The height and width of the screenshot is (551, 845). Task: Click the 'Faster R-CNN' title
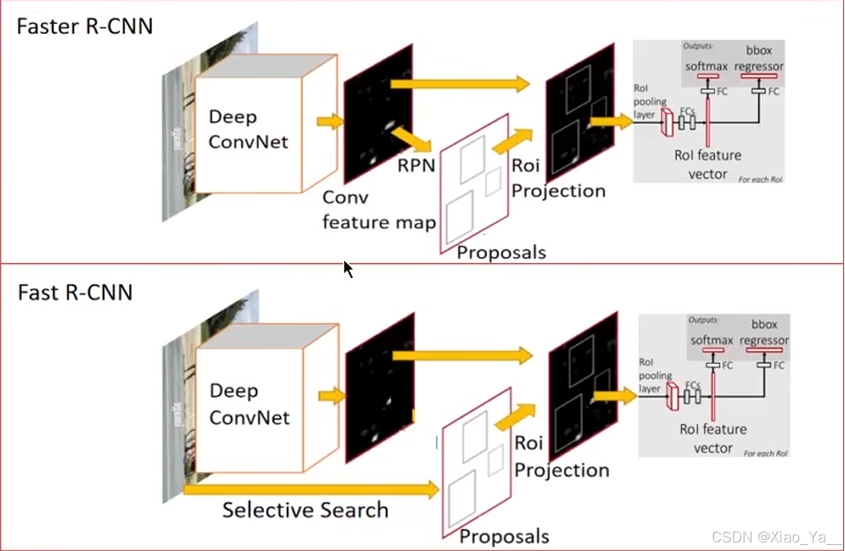[85, 27]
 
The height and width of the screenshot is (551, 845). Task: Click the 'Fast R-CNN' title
[75, 292]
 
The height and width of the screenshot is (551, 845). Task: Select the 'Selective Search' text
[305, 510]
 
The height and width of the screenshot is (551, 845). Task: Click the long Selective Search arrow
[311, 489]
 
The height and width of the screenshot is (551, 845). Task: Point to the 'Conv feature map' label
[378, 210]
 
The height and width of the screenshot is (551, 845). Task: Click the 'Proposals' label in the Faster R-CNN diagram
[501, 252]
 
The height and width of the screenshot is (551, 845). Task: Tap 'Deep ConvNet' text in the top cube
[249, 129]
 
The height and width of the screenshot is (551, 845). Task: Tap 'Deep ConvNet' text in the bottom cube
[249, 404]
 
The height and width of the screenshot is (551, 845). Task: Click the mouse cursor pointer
[347, 269]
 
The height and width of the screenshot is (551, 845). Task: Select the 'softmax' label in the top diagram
[705, 66]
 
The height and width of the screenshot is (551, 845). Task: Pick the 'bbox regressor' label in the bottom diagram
[764, 332]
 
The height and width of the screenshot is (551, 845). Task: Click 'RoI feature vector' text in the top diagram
[707, 164]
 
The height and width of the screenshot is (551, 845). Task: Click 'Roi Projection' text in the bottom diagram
[561, 456]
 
